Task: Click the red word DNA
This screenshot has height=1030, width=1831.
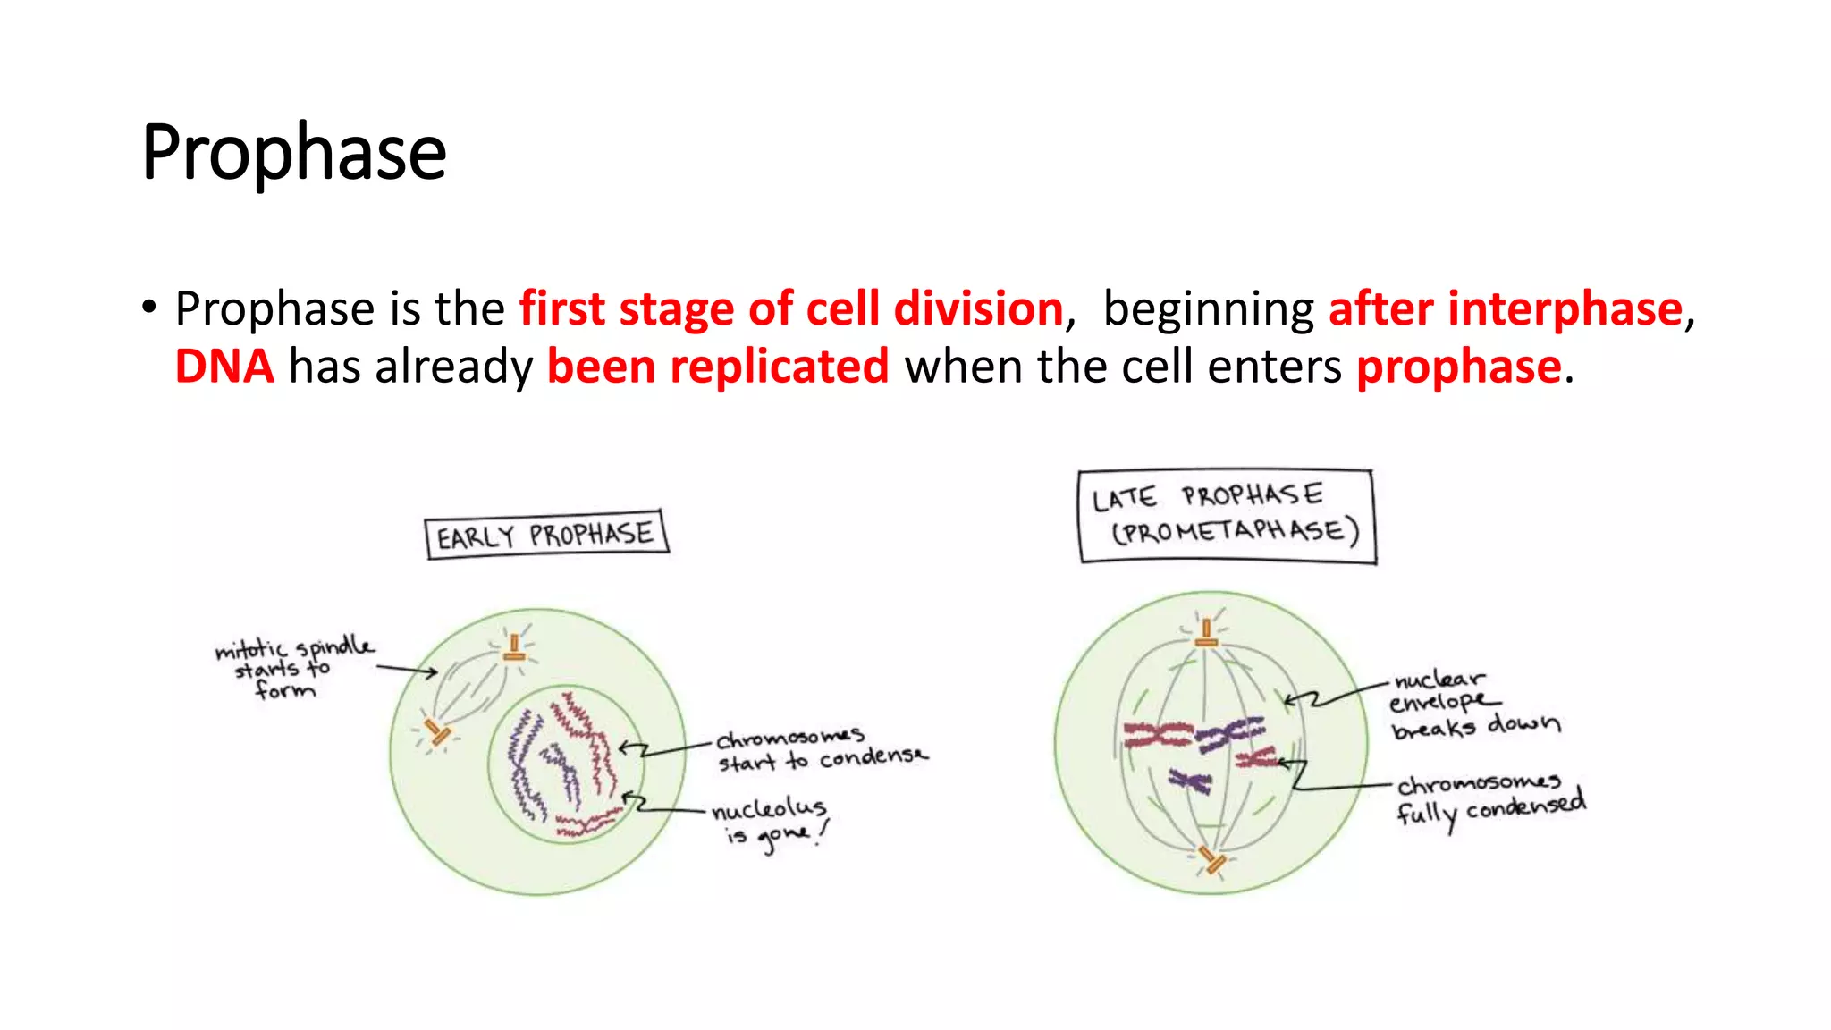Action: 224,367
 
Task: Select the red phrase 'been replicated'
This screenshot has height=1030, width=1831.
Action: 717,367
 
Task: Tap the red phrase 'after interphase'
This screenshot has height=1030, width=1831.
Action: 1506,309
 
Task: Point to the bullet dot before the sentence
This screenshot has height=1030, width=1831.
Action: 148,308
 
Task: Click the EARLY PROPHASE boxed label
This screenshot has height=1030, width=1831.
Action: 546,535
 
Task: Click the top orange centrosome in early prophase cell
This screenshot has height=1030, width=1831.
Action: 514,649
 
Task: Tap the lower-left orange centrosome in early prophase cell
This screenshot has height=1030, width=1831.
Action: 437,732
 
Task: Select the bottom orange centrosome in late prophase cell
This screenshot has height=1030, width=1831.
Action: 1212,860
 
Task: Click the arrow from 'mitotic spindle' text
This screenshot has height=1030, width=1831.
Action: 407,670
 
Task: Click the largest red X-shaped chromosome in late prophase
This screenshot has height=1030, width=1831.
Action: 1158,735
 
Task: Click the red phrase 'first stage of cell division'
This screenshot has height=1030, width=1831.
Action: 791,309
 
